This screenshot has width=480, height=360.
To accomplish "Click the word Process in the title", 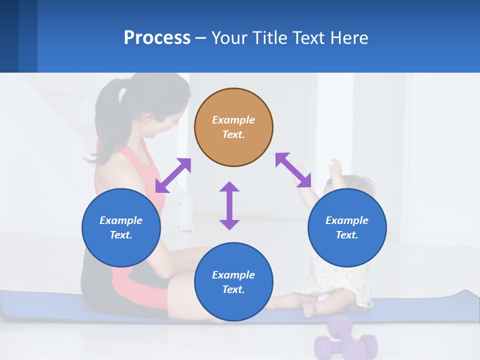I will (x=157, y=38).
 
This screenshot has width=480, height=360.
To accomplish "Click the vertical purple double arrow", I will (x=229, y=205).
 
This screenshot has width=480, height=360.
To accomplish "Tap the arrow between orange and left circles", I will (x=173, y=175).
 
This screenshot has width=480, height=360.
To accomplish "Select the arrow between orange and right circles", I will (x=293, y=170).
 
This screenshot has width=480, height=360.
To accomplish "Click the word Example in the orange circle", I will (x=233, y=120).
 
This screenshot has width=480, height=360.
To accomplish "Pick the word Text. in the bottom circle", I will (x=233, y=289).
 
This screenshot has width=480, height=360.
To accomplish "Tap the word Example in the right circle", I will (x=347, y=220).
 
